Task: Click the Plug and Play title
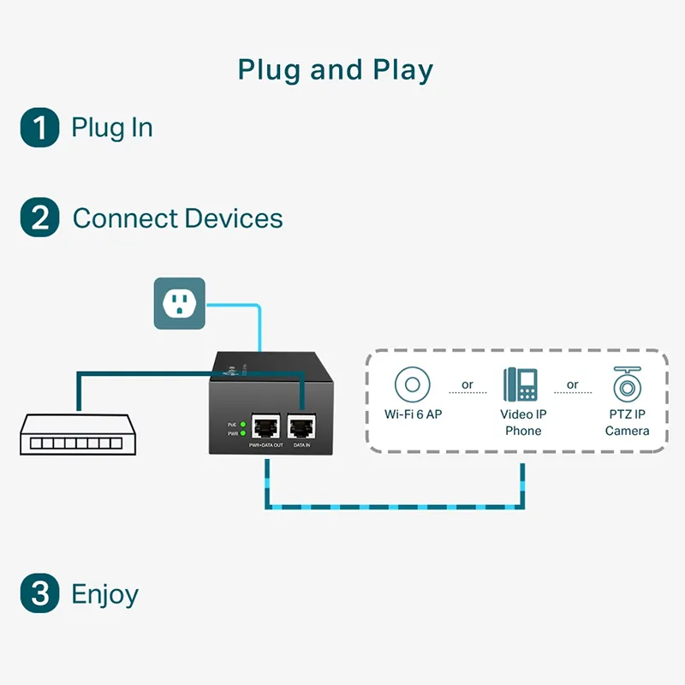point(336,69)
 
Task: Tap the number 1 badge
point(39,128)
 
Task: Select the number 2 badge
point(39,217)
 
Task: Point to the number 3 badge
point(39,593)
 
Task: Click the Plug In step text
point(112,128)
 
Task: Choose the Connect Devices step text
point(177,217)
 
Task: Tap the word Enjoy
point(104,594)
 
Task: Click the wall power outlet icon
point(179,303)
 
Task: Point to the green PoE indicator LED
point(243,424)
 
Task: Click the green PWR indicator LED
point(243,434)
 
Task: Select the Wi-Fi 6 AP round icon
point(413,384)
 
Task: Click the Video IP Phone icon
point(522,384)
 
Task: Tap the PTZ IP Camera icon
point(627,384)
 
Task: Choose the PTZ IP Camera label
point(627,422)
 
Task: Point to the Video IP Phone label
point(522,422)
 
